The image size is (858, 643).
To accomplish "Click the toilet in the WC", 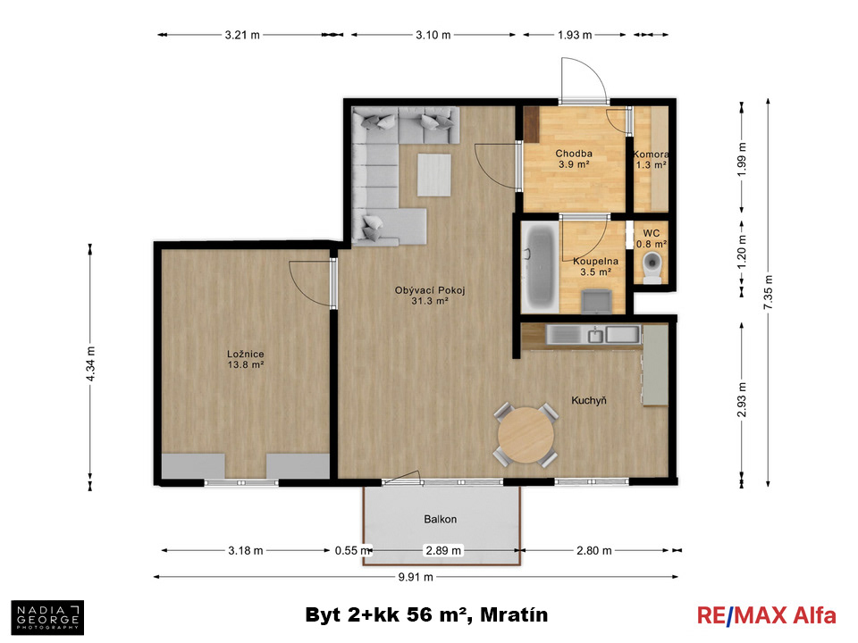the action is tap(652, 267).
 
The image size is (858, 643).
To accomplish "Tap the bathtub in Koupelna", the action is tap(540, 267).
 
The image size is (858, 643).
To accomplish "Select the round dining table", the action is tap(526, 435).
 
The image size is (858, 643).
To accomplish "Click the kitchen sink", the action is tap(595, 335).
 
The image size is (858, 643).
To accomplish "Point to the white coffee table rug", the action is tap(434, 175).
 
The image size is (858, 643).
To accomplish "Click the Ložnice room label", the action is tap(246, 359).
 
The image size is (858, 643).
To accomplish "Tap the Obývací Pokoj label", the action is tap(430, 296).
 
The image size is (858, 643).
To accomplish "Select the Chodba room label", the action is tap(574, 159).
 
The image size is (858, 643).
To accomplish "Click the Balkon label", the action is tap(440, 519).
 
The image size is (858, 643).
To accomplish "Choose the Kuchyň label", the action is tap(589, 400).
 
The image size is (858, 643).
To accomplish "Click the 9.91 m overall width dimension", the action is tap(416, 576).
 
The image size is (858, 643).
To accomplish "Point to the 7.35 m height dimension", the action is tap(769, 292).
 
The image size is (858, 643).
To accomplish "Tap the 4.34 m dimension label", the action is tap(91, 363).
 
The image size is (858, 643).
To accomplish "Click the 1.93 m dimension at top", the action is tap(575, 35).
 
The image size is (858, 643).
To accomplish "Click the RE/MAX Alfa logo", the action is tap(766, 615).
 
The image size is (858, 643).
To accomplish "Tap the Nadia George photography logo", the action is tap(47, 617).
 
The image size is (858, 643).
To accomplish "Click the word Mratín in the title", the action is tap(514, 614).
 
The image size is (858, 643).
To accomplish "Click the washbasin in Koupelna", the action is tap(596, 301).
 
